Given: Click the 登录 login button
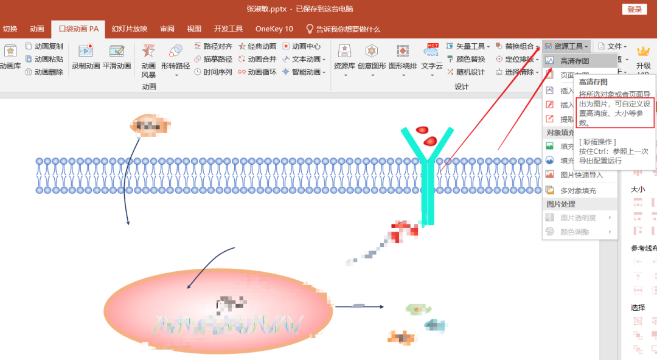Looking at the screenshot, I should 634,9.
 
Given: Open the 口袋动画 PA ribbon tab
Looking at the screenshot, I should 78,29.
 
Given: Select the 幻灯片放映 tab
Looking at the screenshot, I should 129,29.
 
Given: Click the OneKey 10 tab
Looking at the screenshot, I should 274,29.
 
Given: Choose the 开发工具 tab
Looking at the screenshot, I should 228,29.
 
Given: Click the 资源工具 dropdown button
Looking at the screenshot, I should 566,46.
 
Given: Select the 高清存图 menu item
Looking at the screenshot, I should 574,61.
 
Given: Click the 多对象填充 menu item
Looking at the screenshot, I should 578,190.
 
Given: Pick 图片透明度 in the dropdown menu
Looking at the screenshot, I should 578,218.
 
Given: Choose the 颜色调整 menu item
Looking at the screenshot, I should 574,232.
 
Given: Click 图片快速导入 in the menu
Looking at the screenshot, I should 582,175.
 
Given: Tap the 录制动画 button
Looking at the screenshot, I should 86,58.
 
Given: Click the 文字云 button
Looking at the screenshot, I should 432,58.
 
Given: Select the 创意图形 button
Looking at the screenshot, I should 372,58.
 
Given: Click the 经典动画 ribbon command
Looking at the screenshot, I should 257,46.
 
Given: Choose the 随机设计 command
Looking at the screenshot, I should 466,72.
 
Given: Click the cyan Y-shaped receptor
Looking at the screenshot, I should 428,176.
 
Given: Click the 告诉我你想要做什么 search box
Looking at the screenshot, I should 343,29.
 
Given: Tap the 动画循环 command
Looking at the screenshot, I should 257,72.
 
